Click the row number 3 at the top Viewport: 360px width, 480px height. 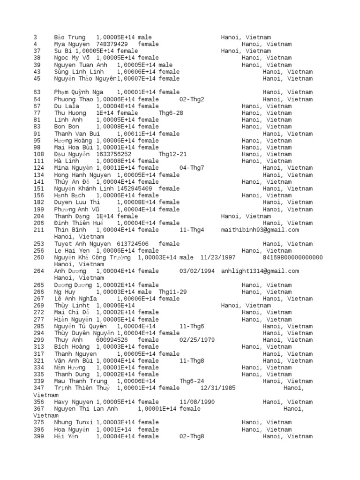click(x=36, y=37)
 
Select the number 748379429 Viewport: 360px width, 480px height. click(x=112, y=44)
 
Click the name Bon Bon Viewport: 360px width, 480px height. click(x=67, y=127)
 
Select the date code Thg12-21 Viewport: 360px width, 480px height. click(x=172, y=154)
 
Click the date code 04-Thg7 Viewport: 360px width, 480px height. click(x=192, y=168)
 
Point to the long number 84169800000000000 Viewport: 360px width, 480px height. click(x=293, y=257)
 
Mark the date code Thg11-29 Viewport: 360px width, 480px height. click(x=172, y=292)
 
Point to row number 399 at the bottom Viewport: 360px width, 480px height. click(x=39, y=436)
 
